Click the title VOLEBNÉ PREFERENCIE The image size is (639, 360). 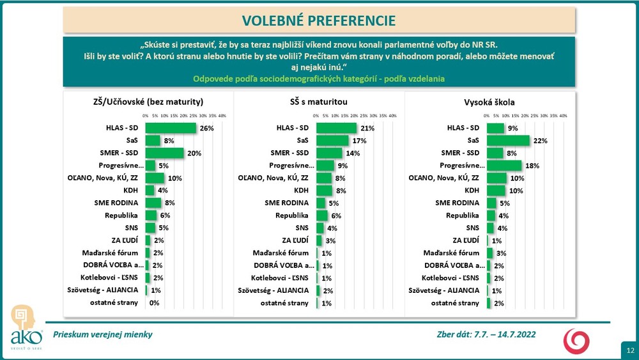[319, 20]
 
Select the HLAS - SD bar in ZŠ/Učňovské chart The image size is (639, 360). [171, 128]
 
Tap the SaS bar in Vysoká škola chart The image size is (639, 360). [508, 140]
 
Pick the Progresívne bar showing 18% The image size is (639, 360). [504, 165]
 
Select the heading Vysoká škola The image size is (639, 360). [489, 102]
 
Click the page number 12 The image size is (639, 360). [630, 350]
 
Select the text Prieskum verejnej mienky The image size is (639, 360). [103, 334]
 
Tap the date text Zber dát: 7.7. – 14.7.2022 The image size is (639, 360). [484, 334]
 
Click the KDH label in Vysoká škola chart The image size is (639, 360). [473, 190]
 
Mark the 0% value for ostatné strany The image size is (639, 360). [153, 303]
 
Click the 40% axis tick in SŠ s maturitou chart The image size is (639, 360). [392, 116]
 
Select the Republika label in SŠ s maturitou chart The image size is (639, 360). [293, 215]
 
